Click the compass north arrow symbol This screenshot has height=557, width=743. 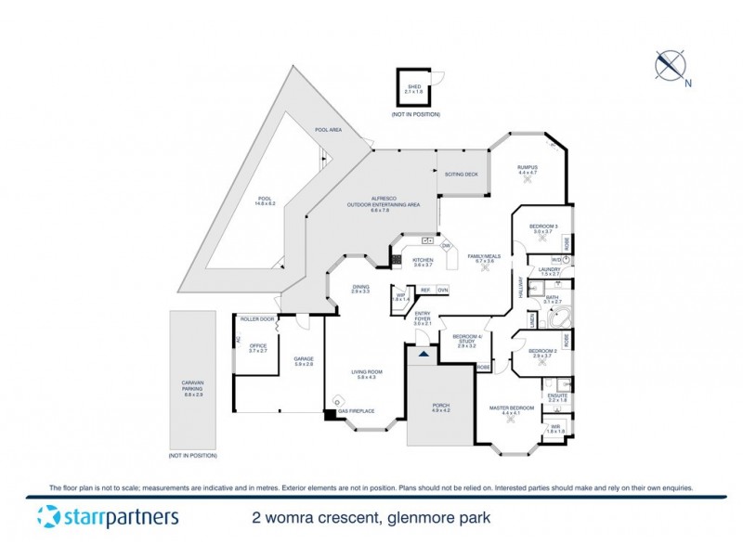tap(671, 65)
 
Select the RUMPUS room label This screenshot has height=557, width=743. tap(528, 167)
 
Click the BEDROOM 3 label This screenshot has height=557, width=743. tap(543, 226)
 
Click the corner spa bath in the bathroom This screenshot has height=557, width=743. tap(559, 318)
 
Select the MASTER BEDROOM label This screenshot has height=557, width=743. tap(512, 408)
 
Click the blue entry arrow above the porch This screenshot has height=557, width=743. tap(424, 355)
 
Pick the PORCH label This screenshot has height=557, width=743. tap(441, 406)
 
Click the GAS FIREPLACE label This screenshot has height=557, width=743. tap(356, 410)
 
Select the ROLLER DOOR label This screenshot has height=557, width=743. tap(257, 319)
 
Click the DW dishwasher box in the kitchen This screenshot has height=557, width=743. tap(446, 245)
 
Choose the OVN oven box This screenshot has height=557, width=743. tap(442, 291)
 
